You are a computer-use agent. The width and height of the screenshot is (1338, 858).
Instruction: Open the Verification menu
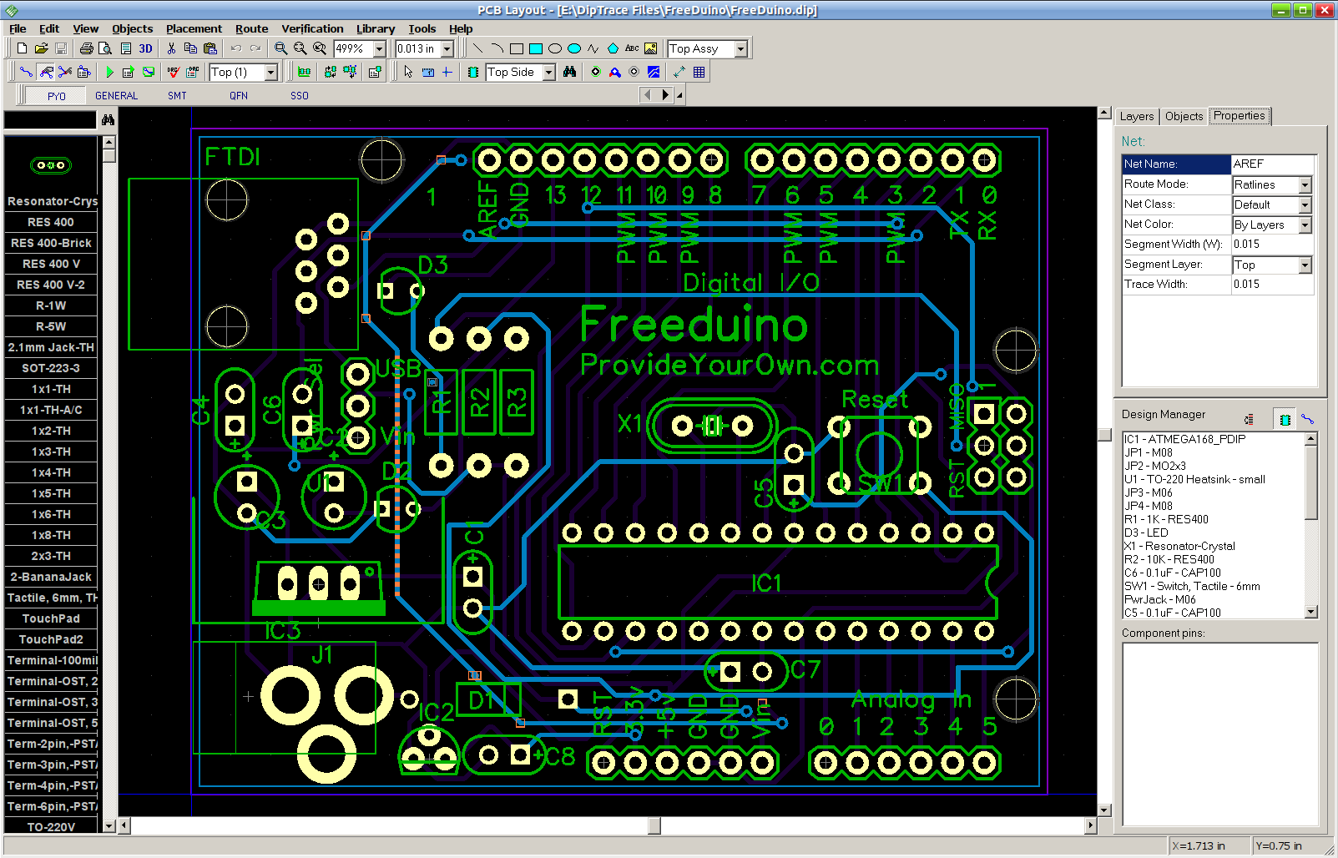(x=312, y=28)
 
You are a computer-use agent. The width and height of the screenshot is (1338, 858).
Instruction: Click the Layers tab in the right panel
(x=1136, y=116)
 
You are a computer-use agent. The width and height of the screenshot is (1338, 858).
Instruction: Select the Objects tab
(x=1184, y=116)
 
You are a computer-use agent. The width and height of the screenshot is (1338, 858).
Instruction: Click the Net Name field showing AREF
(x=1272, y=164)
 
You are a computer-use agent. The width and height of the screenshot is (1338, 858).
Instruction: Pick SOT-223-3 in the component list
(x=51, y=368)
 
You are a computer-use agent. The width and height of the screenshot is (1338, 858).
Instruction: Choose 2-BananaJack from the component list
(x=51, y=577)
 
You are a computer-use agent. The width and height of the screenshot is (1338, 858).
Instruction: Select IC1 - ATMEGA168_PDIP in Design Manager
(x=1184, y=439)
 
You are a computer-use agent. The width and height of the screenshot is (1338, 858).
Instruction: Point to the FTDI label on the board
(x=233, y=157)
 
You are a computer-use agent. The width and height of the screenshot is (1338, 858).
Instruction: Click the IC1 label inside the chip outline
(x=765, y=583)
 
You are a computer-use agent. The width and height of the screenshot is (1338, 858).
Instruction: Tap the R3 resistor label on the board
(x=517, y=402)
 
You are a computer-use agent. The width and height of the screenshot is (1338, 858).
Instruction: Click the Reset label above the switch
(x=874, y=400)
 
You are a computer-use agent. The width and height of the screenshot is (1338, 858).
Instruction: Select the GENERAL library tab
(x=116, y=96)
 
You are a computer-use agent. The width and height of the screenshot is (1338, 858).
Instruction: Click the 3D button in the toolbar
(x=145, y=48)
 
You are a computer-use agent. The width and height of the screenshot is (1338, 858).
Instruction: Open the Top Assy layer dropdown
(x=740, y=49)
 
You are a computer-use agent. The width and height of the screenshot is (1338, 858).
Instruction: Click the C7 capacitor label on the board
(x=805, y=669)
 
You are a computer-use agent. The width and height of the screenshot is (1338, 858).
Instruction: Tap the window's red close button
(x=1324, y=10)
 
